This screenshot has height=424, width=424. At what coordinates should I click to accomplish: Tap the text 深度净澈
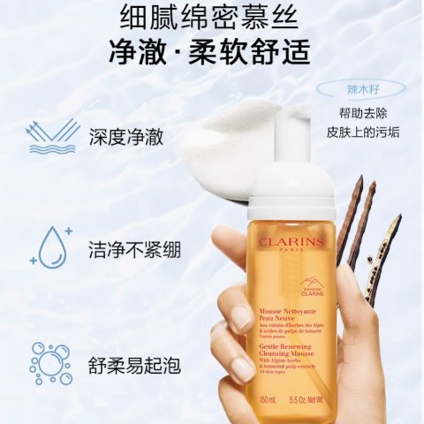click(126, 138)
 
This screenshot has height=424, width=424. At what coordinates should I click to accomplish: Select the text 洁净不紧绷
click(135, 250)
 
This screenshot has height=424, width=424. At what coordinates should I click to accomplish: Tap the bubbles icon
click(50, 362)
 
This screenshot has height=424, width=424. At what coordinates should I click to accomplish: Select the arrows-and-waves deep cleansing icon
click(51, 137)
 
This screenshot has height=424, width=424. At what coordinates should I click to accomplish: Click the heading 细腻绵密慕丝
click(212, 17)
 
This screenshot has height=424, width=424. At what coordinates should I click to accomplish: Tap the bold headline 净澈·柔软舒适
click(212, 52)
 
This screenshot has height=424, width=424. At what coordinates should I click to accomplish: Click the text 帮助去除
click(363, 112)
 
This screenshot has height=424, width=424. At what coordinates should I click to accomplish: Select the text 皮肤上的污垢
click(363, 134)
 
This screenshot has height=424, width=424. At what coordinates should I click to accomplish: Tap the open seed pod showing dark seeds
click(381, 261)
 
